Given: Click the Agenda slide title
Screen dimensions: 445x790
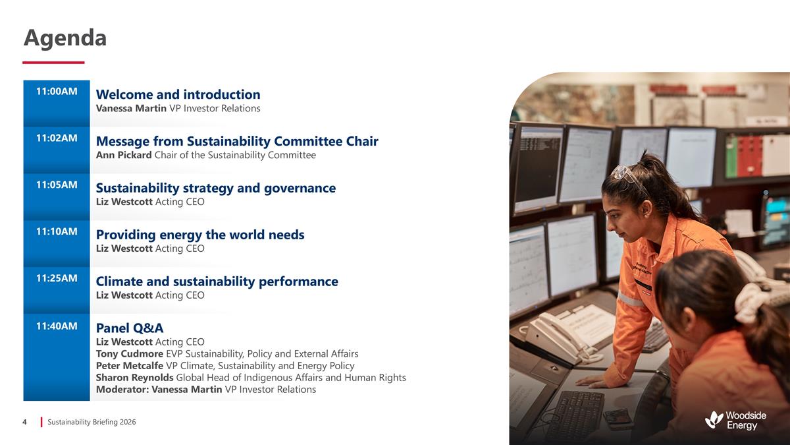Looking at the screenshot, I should click(65, 38).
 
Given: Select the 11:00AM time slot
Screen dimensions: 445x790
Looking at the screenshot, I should click(57, 92).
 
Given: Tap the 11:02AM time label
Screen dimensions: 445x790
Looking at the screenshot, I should click(57, 138).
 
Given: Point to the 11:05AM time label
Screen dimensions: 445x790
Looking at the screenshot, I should click(57, 185).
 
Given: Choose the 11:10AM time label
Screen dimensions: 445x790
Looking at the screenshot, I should click(57, 231).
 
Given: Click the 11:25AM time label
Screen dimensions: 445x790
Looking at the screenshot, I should click(57, 278).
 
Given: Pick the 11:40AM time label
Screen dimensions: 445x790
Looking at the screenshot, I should click(57, 326).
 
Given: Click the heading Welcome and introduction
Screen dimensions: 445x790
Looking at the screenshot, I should click(178, 94).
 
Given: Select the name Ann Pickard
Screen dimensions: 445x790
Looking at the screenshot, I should click(124, 155).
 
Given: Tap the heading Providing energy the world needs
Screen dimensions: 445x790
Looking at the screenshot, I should click(200, 235).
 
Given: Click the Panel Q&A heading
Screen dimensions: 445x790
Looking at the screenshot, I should click(130, 328).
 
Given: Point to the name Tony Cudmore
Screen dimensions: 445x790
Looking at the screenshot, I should click(130, 354).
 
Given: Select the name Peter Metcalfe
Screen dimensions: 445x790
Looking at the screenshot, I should click(130, 366).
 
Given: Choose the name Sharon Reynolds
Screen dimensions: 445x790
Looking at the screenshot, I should click(135, 378).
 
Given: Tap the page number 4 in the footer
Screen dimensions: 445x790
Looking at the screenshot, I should click(25, 422).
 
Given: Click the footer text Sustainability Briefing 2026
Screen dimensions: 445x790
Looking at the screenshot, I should click(92, 422).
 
